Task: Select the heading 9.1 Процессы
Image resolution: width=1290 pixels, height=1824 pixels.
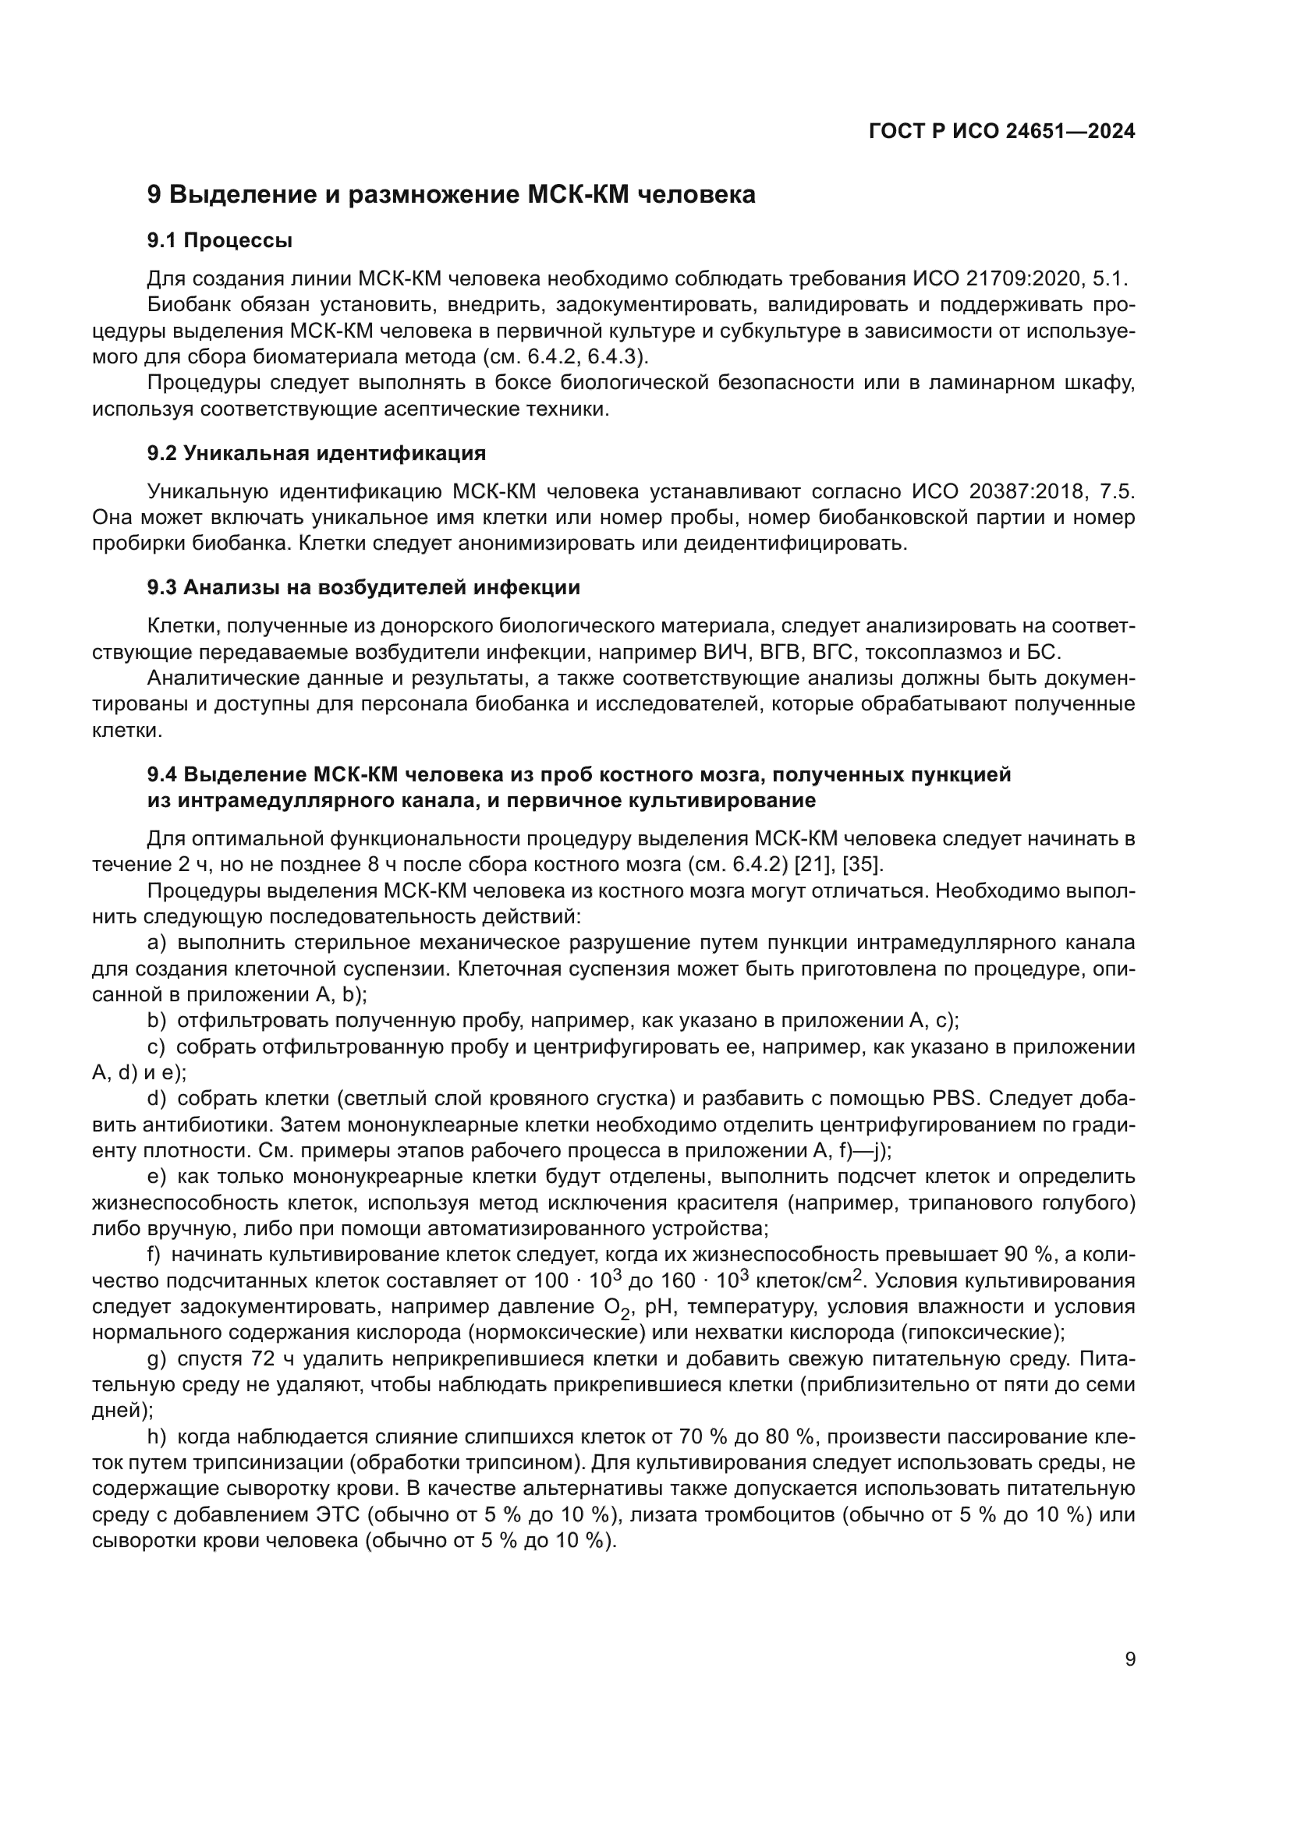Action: (220, 241)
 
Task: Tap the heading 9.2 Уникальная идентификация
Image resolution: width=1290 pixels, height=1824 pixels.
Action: (316, 454)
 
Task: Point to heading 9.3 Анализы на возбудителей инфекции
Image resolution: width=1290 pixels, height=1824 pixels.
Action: (363, 588)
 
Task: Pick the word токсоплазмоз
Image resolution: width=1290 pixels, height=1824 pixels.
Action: (930, 653)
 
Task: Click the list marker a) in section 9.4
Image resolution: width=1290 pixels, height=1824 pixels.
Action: (157, 943)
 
